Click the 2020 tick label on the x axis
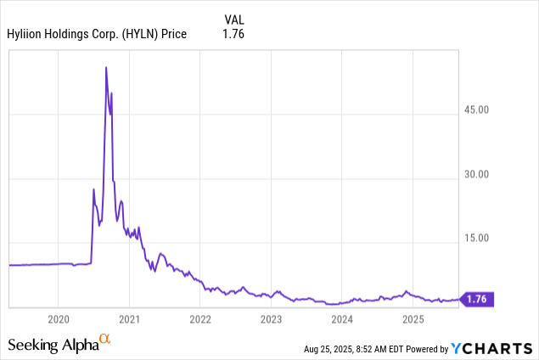pos(58,319)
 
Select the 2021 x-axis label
pos(129,319)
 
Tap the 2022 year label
pos(200,319)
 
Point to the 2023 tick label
pos(271,319)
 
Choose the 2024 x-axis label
pos(342,319)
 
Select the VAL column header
pos(234,19)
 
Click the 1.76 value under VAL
pos(233,34)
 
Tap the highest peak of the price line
pos(105,67)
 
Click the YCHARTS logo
pos(493,348)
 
